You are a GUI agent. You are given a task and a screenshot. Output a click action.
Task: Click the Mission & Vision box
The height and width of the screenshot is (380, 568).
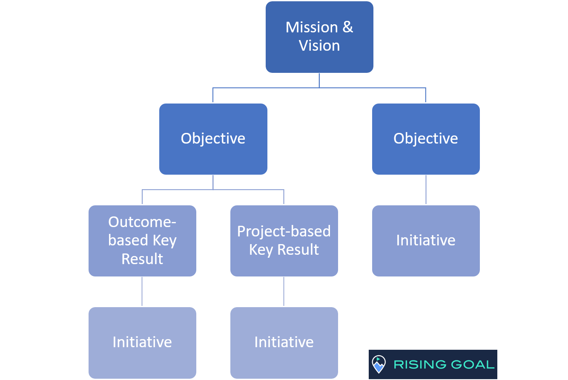[x=319, y=37]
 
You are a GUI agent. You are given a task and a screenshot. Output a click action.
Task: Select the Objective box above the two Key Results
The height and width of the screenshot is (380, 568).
[x=213, y=139]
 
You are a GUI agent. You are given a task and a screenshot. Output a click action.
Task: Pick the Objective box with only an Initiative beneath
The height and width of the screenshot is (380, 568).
[x=426, y=139]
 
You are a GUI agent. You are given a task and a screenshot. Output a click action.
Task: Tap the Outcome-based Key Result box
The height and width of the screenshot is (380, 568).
[x=142, y=241]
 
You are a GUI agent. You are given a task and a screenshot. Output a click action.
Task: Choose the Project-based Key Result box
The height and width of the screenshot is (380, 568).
[x=284, y=241]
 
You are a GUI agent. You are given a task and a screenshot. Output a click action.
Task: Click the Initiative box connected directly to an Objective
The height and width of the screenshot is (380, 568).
[x=426, y=241]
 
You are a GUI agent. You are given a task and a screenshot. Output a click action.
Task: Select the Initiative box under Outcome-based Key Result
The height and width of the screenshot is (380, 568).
[x=142, y=343]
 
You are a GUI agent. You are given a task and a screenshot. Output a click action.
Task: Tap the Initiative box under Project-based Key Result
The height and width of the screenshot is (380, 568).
[x=284, y=343]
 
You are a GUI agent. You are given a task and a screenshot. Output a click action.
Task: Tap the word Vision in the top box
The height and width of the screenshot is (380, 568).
[x=319, y=46]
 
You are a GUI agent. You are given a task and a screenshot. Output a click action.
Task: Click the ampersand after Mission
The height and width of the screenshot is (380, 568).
[x=348, y=27]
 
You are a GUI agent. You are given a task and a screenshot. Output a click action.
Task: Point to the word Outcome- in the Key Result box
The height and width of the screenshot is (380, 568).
[x=142, y=222]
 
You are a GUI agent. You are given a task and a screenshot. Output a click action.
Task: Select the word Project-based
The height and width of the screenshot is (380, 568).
[x=284, y=231]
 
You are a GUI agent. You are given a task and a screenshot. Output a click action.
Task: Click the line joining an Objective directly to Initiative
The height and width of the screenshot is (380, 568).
[x=426, y=190]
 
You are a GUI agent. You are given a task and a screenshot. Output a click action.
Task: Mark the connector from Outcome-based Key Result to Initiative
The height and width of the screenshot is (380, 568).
[x=142, y=292]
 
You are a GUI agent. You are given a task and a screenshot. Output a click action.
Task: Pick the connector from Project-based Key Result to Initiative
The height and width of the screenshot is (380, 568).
[x=284, y=292]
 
